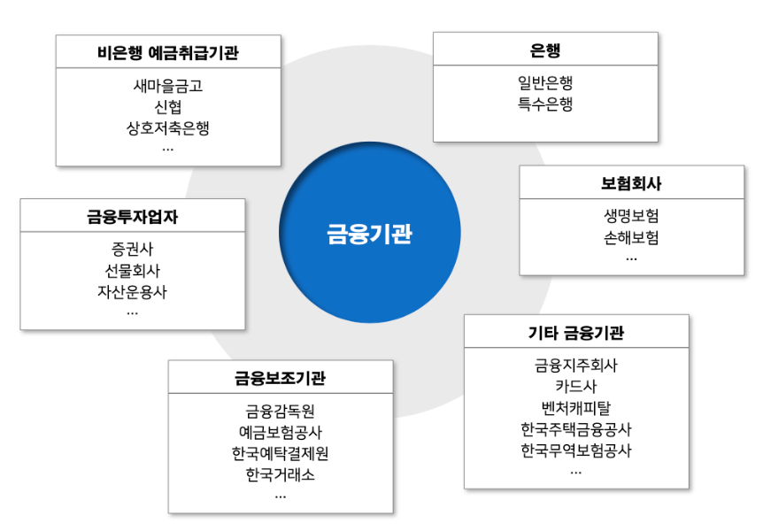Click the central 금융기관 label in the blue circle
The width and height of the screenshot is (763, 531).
tap(370, 234)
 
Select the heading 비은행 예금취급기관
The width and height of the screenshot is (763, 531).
tap(168, 52)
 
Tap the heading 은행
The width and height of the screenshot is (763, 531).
tap(545, 50)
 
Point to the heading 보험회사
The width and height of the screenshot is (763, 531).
tap(631, 183)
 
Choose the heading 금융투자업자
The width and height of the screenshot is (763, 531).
tap(133, 216)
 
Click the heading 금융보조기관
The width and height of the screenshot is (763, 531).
tap(281, 378)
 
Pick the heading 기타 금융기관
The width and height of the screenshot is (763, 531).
tap(576, 333)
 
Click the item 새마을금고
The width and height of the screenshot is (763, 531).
tap(168, 87)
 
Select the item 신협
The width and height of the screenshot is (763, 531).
tap(168, 107)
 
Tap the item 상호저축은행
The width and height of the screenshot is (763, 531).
tap(168, 127)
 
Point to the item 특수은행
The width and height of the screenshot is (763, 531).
tap(545, 104)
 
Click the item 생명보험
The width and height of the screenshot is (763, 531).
tap(631, 217)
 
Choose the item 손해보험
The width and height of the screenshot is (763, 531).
tap(631, 237)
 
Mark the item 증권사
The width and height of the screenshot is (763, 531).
tap(133, 250)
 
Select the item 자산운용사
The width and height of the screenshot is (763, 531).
tap(133, 291)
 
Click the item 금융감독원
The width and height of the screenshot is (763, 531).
tap(281, 412)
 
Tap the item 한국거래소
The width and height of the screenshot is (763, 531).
tap(281, 474)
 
